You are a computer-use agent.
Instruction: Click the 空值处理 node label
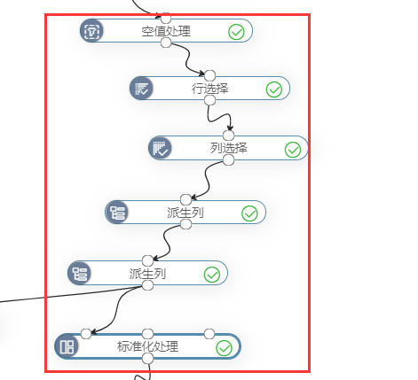tap(166, 31)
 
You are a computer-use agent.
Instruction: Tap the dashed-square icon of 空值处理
tap(91, 30)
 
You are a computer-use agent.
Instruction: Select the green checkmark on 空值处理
tap(236, 32)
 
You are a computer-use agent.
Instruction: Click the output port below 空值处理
tap(166, 43)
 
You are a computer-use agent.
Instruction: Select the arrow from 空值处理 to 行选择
tap(187, 59)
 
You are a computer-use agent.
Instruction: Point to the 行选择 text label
tap(209, 89)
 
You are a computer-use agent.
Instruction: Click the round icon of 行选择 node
tap(141, 88)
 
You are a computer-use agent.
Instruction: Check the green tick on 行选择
tap(274, 89)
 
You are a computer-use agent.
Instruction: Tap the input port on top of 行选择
tap(209, 75)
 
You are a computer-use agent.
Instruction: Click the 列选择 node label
tap(228, 148)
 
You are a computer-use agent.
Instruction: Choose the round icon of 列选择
tap(160, 148)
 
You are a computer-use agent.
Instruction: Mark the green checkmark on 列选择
tap(293, 150)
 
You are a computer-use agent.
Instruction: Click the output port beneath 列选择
tap(228, 160)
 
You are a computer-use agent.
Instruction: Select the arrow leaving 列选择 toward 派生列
tap(207, 181)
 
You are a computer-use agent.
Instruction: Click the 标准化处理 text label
tap(147, 346)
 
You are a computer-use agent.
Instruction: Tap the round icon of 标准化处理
tap(67, 346)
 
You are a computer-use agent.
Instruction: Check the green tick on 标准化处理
tap(225, 348)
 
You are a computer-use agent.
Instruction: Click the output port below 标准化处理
tap(147, 359)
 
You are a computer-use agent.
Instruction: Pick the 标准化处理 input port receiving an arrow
tap(86, 334)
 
